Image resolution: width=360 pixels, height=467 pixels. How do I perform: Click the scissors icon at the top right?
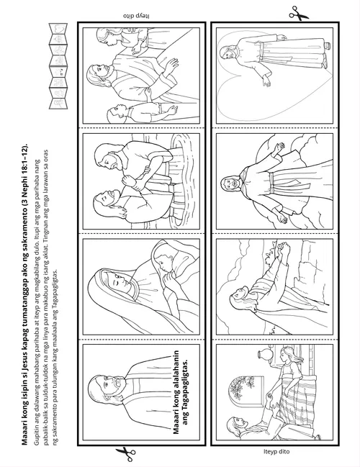(298, 14)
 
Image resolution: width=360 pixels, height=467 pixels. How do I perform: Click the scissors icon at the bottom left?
(126, 454)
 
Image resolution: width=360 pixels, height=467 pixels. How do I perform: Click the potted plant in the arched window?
(241, 388)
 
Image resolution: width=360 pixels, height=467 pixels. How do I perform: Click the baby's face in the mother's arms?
(162, 263)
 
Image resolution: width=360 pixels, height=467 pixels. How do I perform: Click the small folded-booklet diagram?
(58, 65)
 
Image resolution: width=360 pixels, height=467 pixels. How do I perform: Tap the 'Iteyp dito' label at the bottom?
(276, 451)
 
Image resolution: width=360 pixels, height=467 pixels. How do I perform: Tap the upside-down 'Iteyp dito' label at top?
(136, 15)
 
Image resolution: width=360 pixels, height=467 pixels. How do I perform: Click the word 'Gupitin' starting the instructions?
(37, 435)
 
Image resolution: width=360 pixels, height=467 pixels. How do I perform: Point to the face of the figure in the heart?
(226, 54)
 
